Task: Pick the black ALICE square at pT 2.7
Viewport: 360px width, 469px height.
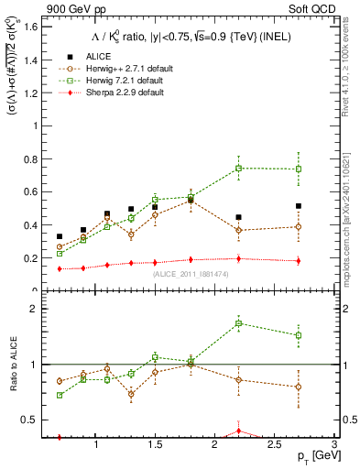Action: click(299, 206)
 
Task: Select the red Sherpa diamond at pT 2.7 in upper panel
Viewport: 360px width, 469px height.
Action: click(299, 261)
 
